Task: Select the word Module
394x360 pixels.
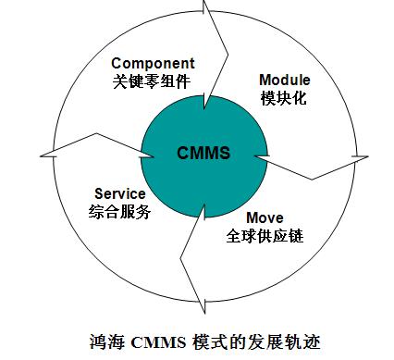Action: [x=284, y=80]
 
